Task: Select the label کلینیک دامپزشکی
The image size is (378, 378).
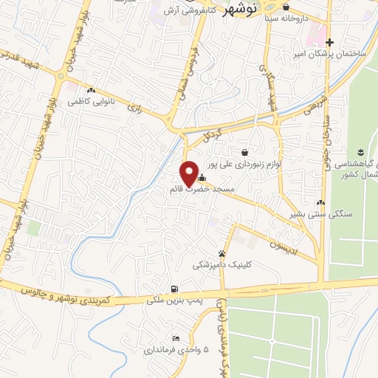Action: (x=221, y=264)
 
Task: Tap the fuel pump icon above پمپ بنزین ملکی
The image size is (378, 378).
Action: (x=173, y=289)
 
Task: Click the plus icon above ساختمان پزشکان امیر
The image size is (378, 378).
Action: (x=329, y=42)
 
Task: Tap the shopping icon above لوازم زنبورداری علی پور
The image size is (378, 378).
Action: (x=244, y=152)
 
